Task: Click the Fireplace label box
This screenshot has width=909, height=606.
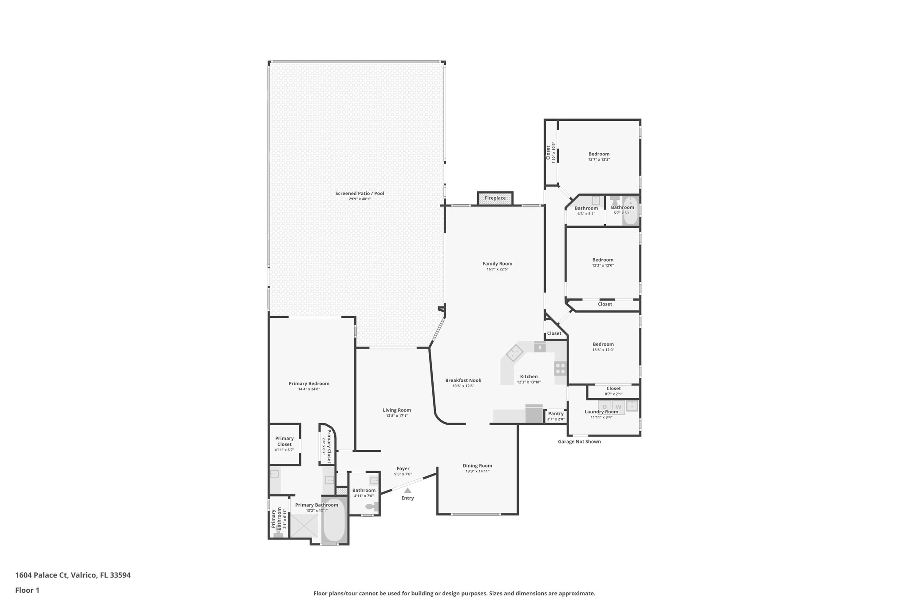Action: click(495, 198)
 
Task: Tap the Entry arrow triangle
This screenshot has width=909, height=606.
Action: click(407, 490)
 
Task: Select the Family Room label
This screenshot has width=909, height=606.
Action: click(497, 264)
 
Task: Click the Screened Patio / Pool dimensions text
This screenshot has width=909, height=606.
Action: click(360, 199)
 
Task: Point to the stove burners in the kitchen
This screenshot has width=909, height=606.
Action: click(560, 368)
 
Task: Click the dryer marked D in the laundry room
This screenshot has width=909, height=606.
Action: click(605, 407)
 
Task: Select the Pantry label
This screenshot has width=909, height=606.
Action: click(556, 414)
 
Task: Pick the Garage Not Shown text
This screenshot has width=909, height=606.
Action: click(579, 441)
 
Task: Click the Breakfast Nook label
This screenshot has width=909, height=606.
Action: click(463, 380)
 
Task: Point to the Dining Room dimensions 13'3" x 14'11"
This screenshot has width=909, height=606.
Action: click(477, 471)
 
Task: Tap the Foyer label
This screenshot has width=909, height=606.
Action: click(403, 468)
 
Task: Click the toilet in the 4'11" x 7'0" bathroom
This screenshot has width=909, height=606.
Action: click(372, 506)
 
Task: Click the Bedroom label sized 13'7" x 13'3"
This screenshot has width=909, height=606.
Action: click(599, 154)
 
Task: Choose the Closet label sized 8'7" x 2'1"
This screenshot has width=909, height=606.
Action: click(613, 388)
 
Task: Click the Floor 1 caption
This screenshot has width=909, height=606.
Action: click(27, 590)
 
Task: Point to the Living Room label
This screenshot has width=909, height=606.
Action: click(397, 410)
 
